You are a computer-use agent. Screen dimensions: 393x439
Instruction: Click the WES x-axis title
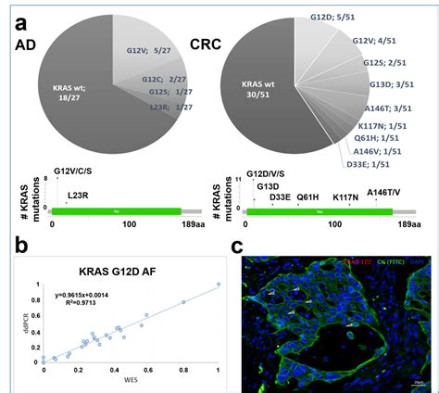[x=130, y=383]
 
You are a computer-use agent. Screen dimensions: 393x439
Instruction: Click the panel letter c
[x=238, y=247]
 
